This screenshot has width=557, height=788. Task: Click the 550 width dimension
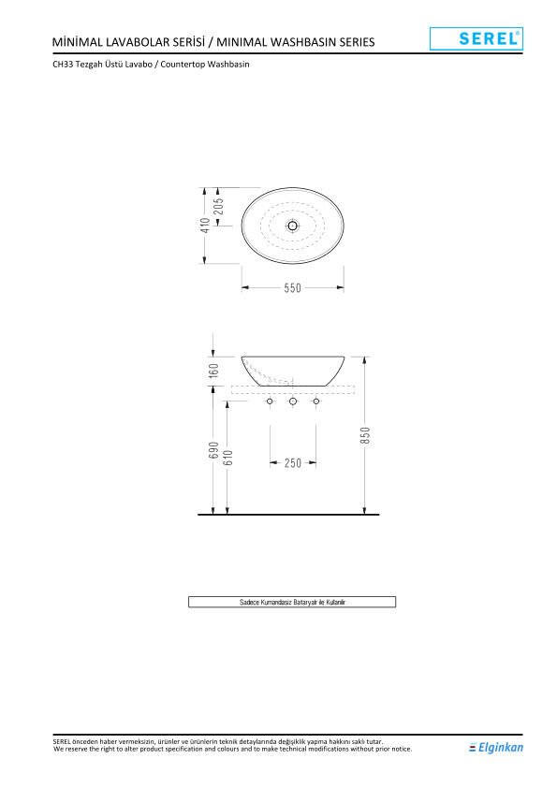[293, 288]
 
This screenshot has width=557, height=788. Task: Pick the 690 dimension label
[213, 450]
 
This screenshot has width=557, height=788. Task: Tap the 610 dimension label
[227, 457]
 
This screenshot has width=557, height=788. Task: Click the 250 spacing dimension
[293, 462]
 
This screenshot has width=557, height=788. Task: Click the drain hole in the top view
[293, 226]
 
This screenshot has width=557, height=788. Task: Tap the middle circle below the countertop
[293, 401]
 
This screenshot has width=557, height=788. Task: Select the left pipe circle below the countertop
[270, 401]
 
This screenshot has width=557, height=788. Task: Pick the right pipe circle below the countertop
[316, 401]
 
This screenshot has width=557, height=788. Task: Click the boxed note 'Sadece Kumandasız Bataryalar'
[292, 602]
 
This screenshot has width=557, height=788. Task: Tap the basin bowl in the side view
[293, 369]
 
